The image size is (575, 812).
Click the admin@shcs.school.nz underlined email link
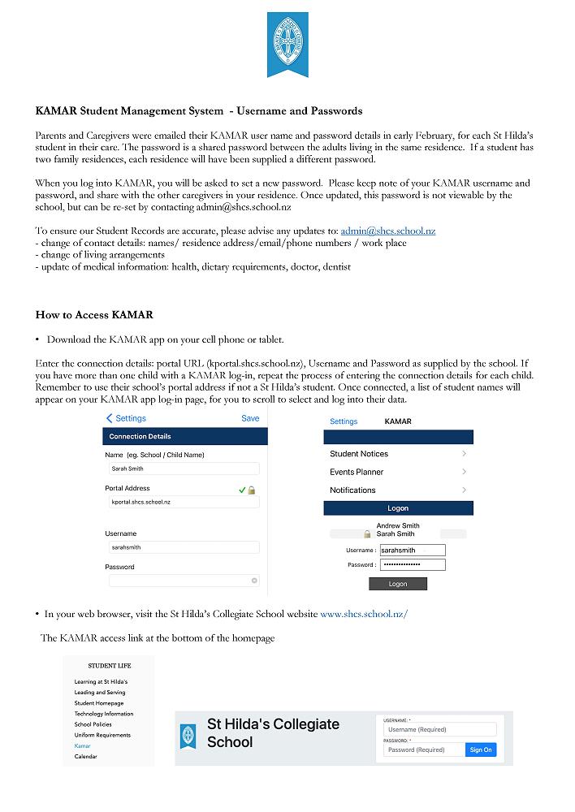(387, 231)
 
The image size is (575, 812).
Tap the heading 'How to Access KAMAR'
(94, 315)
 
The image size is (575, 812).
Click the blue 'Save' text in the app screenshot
(250, 418)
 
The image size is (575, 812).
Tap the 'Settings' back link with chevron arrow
(126, 418)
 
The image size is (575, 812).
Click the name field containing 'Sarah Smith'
(184, 469)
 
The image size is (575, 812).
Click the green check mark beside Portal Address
(242, 490)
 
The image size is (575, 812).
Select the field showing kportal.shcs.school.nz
(184, 503)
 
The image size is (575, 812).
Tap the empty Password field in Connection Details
(184, 581)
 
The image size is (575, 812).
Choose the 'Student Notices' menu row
(398, 454)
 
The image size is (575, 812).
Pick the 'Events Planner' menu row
(398, 472)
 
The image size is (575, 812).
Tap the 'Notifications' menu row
(398, 490)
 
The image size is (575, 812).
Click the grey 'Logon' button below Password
(398, 584)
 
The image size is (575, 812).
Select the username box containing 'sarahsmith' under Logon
(413, 551)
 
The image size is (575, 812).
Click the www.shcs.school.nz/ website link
(364, 614)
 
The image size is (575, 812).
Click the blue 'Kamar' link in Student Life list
(82, 745)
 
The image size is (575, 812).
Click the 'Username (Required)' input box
(439, 729)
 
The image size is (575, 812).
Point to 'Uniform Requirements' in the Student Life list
(102, 735)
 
